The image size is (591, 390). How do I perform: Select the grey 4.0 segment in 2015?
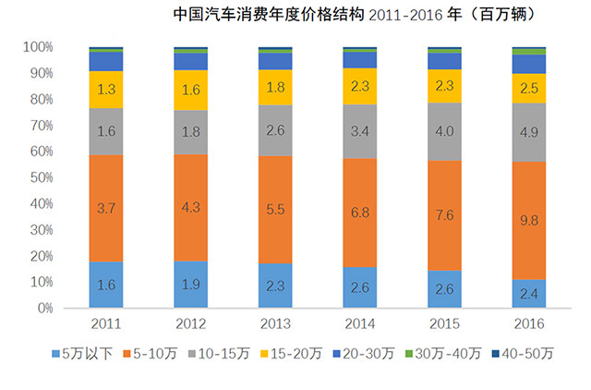[x=443, y=131]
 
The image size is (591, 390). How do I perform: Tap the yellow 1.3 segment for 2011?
[x=105, y=90]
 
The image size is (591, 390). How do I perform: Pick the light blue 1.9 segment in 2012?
[x=190, y=285]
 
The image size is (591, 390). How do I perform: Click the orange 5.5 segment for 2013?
[x=274, y=210]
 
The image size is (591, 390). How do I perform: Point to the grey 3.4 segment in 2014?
[x=359, y=131]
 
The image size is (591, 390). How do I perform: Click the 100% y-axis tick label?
[x=41, y=47]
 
